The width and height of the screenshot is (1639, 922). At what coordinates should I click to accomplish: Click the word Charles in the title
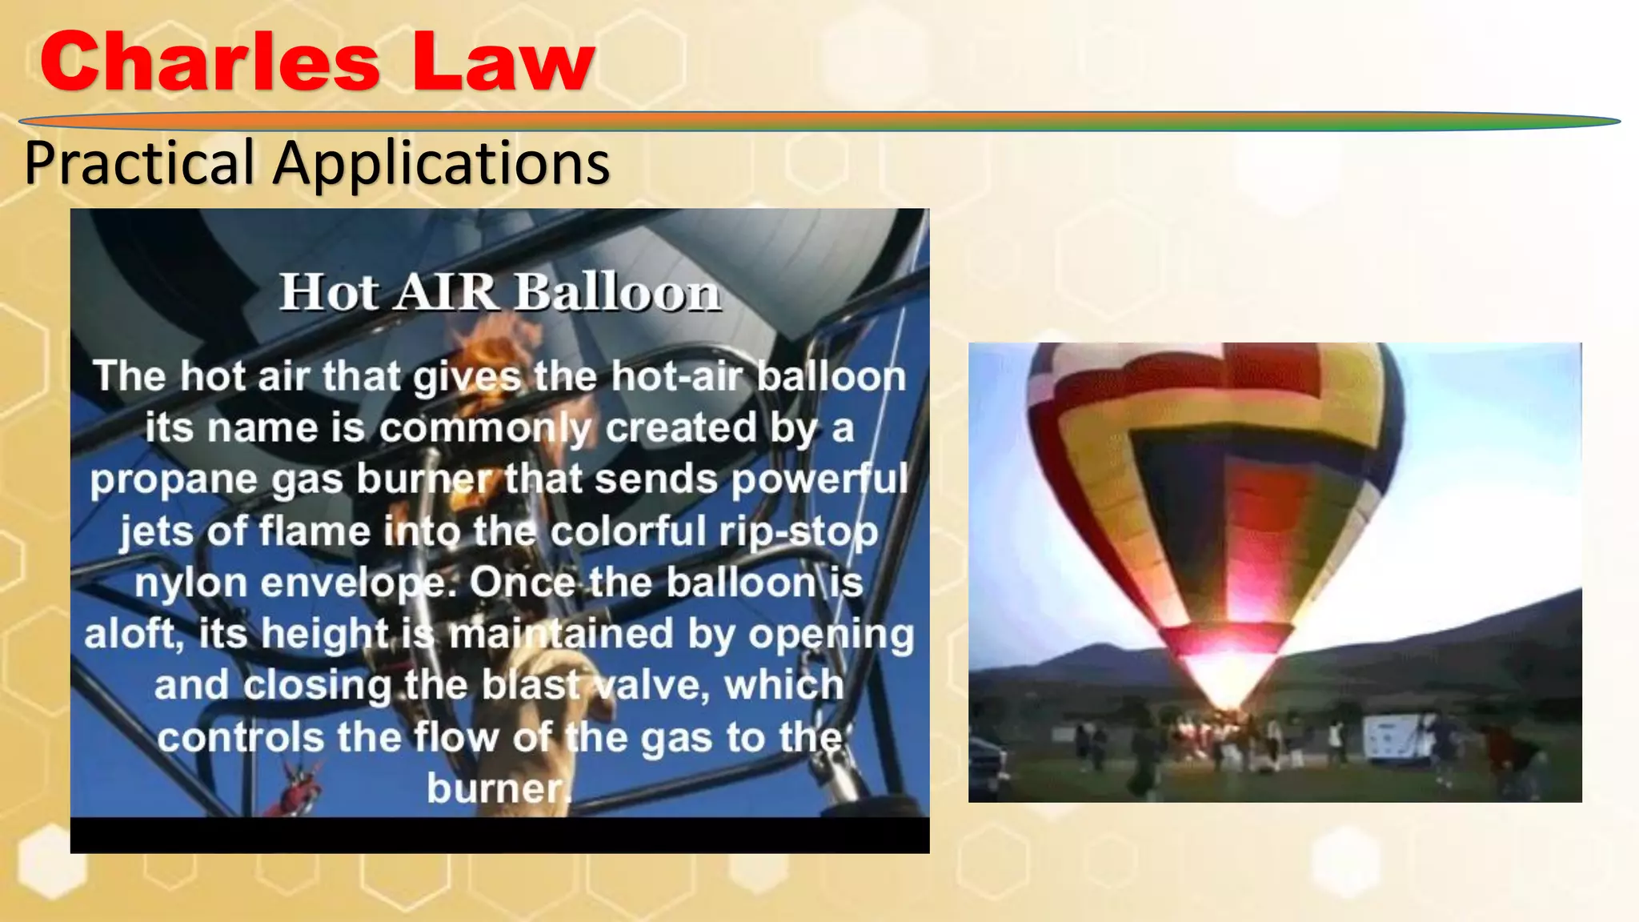[210, 63]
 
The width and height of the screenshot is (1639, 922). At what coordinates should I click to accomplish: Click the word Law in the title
[503, 63]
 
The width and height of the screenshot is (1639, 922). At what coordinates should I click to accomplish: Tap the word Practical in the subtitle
[140, 162]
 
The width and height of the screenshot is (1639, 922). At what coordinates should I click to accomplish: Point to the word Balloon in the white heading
[617, 292]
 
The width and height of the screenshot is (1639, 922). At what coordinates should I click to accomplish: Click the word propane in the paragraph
[173, 480]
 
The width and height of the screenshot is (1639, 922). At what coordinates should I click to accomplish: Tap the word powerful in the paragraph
[819, 479]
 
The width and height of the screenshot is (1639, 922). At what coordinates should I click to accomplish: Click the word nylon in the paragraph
[190, 583]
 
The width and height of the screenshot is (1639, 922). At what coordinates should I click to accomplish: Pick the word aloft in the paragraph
[130, 634]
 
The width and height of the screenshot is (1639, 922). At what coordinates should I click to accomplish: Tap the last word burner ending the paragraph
[497, 788]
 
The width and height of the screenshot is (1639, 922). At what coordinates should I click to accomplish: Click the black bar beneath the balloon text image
[499, 835]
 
